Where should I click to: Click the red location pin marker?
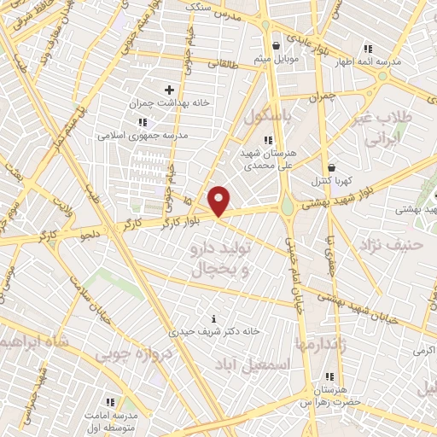[x=220, y=201]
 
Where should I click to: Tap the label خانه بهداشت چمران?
[x=169, y=102]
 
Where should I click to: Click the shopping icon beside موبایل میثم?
[x=275, y=45]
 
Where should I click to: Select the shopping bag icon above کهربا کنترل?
[x=330, y=167]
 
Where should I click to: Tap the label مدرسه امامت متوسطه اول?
[x=108, y=418]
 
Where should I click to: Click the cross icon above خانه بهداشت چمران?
[x=169, y=89]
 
